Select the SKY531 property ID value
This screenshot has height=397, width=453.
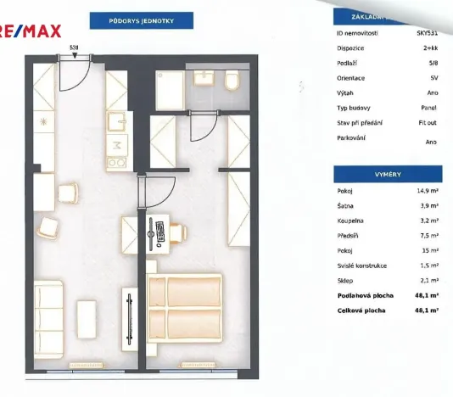pos(426,34)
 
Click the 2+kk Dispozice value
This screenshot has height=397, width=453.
pos(429,48)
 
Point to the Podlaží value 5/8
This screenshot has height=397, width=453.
pos(432,63)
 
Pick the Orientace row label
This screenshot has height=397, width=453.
pos(351,77)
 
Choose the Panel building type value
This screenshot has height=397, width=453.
pos(429,107)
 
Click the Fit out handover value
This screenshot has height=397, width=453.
pos(427,122)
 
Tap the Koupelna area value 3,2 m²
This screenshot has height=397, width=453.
pos(428,221)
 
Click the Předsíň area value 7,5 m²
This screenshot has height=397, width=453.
pos(428,235)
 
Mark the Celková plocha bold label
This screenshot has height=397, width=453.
pos(361,310)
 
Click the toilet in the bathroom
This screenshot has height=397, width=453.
pos(232,81)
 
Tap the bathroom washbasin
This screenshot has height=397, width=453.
pos(204,79)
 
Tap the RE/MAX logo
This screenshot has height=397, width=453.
pos(31,32)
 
